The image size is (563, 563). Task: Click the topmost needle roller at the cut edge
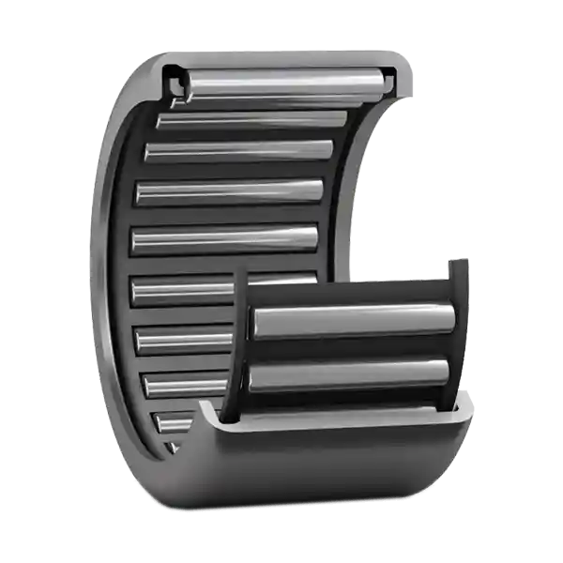[x=281, y=82]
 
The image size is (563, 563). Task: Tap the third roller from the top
[x=239, y=150]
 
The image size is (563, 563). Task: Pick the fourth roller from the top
[x=230, y=191]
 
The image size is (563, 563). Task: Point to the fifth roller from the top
[x=225, y=238]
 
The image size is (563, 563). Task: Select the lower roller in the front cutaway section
[x=349, y=375]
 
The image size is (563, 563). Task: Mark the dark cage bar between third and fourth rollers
[x=235, y=171]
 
